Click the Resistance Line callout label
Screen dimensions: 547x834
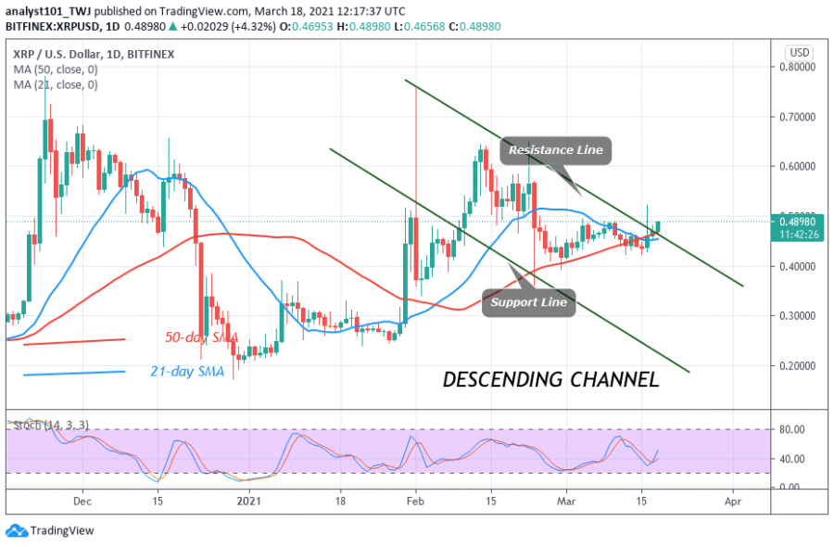coord(556,150)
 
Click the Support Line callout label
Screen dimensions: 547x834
coord(528,302)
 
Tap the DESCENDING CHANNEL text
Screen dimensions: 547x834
coord(550,379)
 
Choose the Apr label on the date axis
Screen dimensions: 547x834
coord(733,500)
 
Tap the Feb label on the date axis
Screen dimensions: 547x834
coord(416,500)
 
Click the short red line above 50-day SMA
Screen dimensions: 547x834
coord(73,342)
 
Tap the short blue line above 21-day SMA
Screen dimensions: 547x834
coord(73,373)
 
